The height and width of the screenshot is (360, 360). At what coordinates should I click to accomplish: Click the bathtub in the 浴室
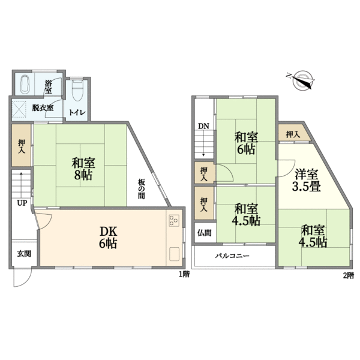[x=25, y=84]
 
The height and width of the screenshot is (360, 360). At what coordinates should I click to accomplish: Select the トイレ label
[x=77, y=113]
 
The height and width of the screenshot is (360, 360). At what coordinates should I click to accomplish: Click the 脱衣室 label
[x=43, y=107]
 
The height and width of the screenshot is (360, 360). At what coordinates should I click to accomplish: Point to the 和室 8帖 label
[x=83, y=169]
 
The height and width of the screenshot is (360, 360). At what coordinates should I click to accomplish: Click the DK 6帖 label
[x=108, y=238]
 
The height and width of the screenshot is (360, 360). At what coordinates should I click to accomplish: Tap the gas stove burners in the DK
[x=174, y=220]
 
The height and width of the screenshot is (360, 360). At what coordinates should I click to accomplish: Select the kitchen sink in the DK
[x=174, y=254]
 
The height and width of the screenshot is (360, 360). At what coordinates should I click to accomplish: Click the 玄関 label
[x=24, y=254]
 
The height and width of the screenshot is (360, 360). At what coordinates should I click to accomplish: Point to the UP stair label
[x=22, y=203]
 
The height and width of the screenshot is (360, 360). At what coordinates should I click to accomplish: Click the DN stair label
[x=203, y=126]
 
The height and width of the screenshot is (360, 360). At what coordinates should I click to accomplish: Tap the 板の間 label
[x=141, y=189]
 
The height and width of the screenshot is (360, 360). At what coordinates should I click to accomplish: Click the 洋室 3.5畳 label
[x=306, y=180]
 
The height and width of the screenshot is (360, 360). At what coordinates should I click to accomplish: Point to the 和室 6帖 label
[x=246, y=143]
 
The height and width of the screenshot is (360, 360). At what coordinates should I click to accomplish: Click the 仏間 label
[x=205, y=233]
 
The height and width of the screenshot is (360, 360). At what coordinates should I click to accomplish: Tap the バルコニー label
[x=232, y=256]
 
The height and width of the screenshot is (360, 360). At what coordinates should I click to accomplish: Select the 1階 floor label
[x=184, y=275]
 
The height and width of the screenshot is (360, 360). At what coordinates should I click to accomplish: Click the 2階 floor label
[x=349, y=275]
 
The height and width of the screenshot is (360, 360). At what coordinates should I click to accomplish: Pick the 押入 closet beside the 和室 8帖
[x=22, y=145]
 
